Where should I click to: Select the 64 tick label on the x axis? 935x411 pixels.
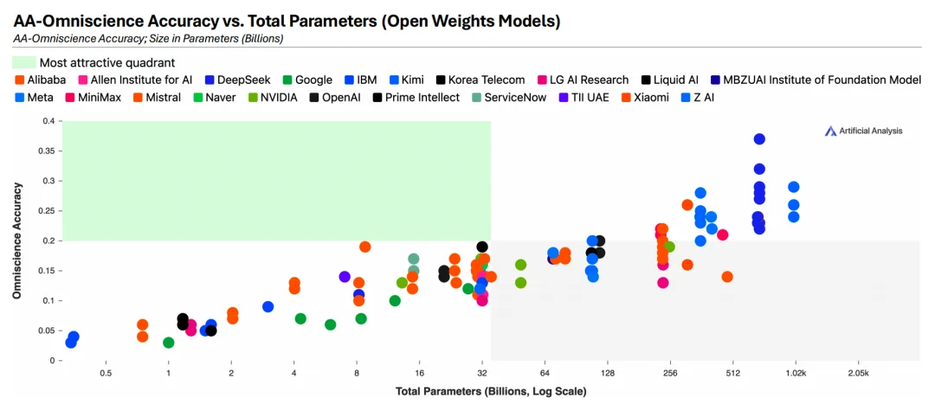click(545, 374)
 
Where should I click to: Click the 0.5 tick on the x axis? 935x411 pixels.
click(106, 374)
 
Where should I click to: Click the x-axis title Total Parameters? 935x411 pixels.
click(491, 391)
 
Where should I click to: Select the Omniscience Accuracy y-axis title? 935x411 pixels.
click(16, 241)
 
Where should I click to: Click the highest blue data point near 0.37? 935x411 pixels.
click(759, 139)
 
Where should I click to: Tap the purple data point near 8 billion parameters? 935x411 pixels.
click(345, 277)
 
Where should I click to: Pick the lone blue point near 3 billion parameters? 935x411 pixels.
click(268, 307)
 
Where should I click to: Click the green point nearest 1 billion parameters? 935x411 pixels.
click(169, 343)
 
